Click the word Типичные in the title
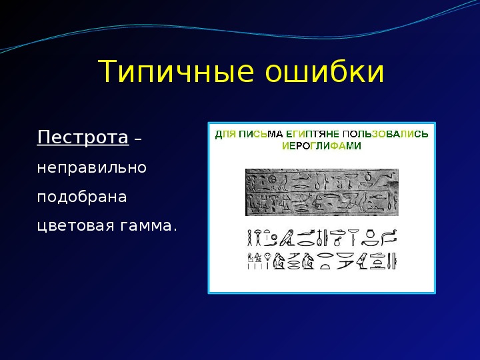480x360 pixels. tap(176, 71)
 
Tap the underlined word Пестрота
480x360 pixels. tap(83, 137)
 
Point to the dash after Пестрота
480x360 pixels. tap(138, 139)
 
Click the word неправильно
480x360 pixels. tap(91, 168)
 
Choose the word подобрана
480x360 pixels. tap(82, 197)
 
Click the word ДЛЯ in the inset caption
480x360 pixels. tap(225, 135)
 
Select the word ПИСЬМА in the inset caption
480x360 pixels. tap(261, 134)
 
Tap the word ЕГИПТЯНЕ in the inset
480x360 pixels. tap(313, 134)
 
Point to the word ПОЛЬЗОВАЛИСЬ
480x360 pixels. tap(385, 134)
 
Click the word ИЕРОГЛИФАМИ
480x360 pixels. tap(321, 146)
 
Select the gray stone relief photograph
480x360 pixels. tap(322, 192)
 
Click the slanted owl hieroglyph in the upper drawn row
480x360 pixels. tap(287, 237)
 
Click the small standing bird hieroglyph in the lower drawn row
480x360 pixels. tap(363, 261)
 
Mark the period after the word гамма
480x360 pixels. tap(175, 231)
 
